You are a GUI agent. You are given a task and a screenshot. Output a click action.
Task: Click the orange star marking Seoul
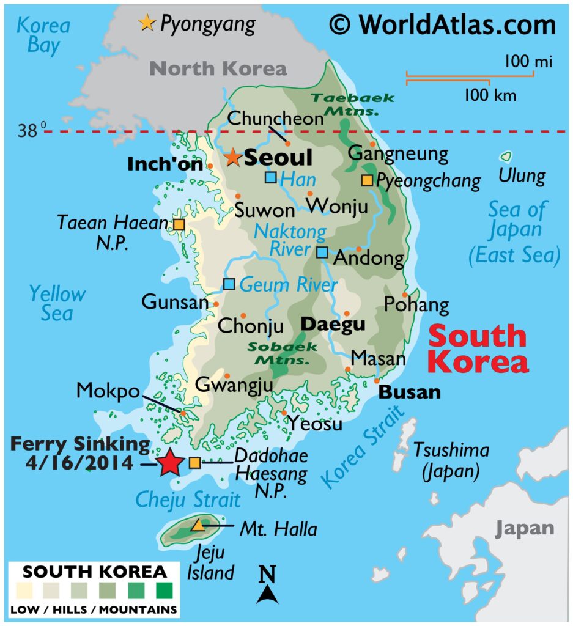232,157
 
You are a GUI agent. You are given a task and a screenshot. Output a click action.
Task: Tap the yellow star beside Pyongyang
146,23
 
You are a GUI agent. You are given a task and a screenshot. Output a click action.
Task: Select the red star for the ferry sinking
169,463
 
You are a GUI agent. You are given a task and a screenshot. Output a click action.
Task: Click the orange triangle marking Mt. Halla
198,525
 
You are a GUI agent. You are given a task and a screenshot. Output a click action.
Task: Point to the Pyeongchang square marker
367,180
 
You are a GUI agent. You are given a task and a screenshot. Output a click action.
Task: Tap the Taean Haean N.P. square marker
179,224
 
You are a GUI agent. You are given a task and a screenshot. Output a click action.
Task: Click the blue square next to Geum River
229,284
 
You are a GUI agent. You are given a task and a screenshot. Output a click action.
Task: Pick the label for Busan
410,392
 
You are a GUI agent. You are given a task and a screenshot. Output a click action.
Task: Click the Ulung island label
522,176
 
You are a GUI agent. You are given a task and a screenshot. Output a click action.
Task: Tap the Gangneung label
397,153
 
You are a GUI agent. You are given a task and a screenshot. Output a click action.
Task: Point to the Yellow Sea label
57,303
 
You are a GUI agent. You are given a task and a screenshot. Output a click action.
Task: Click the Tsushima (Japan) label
451,461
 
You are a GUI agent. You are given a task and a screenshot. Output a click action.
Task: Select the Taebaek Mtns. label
352,105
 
